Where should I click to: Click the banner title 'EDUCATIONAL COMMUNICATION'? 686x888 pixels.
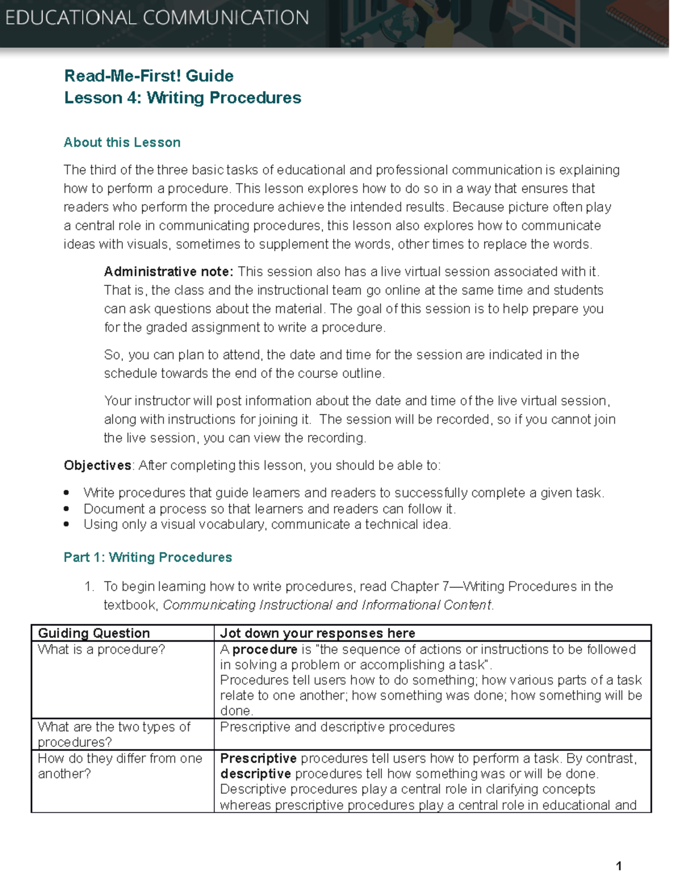pos(157,18)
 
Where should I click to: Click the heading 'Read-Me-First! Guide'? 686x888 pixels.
pos(149,76)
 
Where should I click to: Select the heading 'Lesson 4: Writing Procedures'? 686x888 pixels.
pos(182,98)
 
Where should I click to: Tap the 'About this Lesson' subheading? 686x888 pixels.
pos(122,142)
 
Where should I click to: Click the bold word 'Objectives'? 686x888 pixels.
pos(97,465)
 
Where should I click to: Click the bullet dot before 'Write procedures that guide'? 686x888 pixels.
pos(67,493)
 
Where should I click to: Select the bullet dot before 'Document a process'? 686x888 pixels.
pos(67,509)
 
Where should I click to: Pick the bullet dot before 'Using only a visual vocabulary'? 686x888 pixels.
pos(67,524)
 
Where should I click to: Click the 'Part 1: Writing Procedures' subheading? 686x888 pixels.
pos(147,558)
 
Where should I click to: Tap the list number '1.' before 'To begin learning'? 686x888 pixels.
pos(89,587)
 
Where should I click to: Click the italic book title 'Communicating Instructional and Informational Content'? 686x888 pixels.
pos(327,605)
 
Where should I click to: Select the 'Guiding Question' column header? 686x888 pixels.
pos(94,633)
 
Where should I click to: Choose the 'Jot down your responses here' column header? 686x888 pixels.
pos(317,633)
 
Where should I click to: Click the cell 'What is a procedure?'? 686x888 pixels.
pos(101,650)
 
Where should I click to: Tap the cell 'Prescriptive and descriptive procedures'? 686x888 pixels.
pos(337,727)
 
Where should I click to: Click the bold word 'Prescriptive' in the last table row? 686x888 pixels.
pos(258,758)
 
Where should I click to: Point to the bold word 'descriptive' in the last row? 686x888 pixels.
pos(256,774)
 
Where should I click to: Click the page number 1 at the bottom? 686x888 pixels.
pos(619,866)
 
